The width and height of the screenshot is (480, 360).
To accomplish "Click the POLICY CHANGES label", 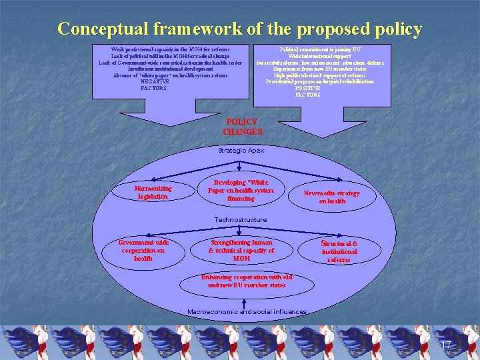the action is (x=242, y=127).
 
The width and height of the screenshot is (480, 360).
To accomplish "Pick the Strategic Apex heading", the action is (x=241, y=151).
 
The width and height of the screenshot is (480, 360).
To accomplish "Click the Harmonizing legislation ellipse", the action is (x=153, y=192).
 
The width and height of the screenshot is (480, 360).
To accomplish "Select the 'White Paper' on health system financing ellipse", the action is (x=241, y=190).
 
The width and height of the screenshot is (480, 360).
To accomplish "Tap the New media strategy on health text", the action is (x=331, y=197).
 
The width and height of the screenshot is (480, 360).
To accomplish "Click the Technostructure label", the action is (x=240, y=219).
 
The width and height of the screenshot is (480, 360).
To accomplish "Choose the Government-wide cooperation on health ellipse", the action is (x=143, y=251).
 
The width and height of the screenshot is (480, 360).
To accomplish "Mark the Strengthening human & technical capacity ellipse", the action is (x=241, y=249).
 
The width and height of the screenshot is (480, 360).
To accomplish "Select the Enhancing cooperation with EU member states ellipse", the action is (x=246, y=281).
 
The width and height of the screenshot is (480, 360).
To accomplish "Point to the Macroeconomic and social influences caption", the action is (x=247, y=311).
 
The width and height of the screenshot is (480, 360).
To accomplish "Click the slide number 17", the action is (x=447, y=345).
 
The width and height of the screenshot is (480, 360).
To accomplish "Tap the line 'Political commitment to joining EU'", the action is (x=311, y=49).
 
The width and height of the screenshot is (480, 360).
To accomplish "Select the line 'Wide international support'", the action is (x=311, y=56).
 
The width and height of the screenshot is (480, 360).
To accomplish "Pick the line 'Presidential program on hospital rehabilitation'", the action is (x=311, y=81).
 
